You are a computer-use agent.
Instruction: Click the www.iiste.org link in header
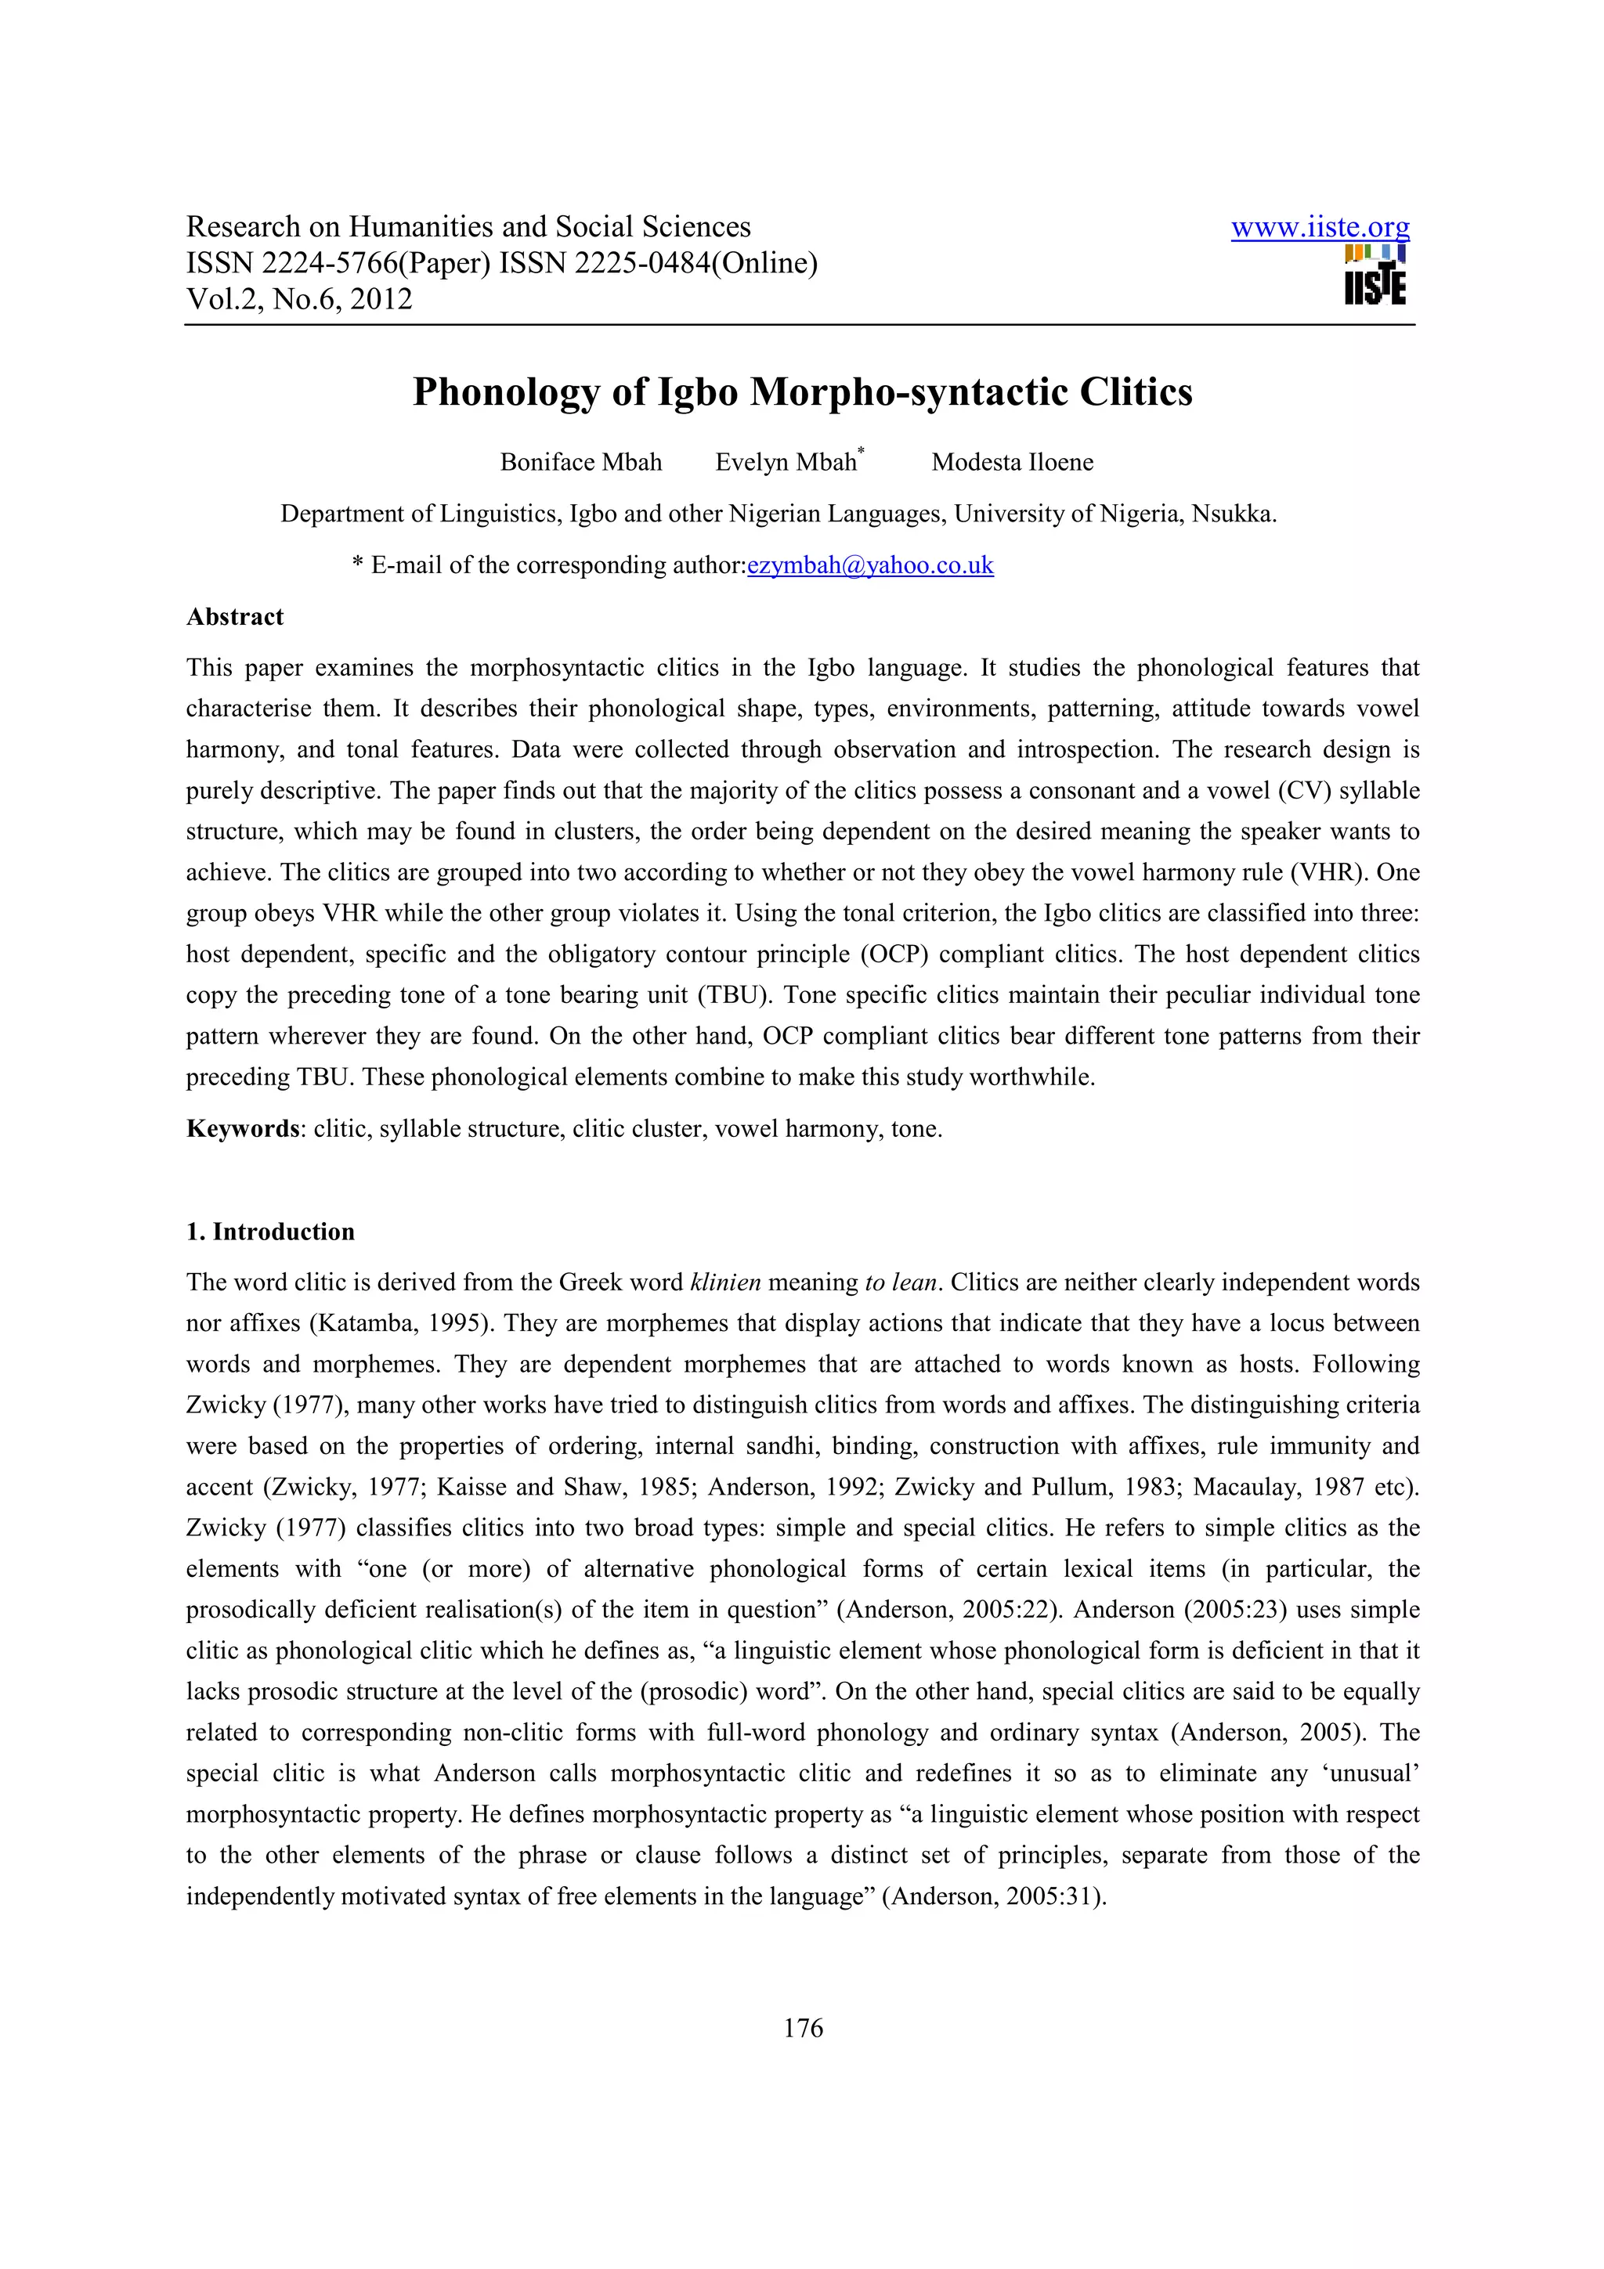[1320, 229]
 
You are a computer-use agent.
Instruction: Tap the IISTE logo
[1374, 276]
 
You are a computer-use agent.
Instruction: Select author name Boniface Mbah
[580, 463]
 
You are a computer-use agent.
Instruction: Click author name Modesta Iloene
[1012, 463]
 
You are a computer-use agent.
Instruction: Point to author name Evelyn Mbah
[786, 463]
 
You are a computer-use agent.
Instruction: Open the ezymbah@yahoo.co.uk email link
[869, 565]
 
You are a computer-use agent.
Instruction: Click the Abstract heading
[234, 617]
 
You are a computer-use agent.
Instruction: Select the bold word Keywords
[242, 1128]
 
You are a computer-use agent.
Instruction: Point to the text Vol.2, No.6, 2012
[298, 299]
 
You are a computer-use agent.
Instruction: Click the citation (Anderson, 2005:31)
[993, 1896]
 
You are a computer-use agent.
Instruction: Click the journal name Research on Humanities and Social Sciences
[468, 227]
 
